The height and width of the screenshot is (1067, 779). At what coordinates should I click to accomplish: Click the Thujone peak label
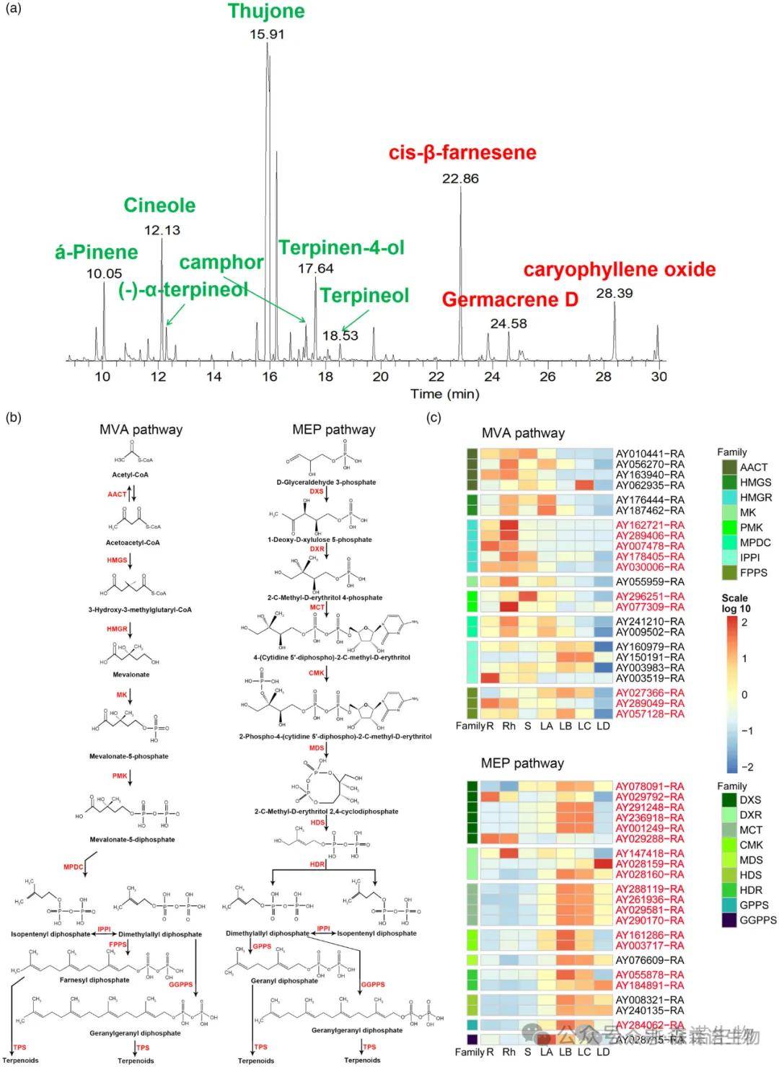(x=266, y=12)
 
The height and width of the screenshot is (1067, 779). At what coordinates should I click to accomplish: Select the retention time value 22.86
(x=460, y=179)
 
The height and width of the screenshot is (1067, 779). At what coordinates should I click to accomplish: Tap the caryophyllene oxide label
(x=620, y=270)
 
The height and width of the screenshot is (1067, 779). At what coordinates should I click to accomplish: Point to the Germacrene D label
(x=510, y=299)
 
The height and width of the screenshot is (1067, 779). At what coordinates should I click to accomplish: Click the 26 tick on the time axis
(x=547, y=377)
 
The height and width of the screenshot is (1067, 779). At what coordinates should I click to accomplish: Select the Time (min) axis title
(x=444, y=394)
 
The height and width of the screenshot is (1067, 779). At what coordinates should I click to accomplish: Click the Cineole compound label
(x=159, y=206)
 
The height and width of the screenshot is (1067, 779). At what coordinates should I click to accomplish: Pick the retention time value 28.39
(x=615, y=294)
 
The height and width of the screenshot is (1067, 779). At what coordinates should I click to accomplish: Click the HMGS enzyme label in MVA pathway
(x=117, y=560)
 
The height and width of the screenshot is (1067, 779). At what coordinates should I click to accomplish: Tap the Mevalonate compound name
(x=131, y=675)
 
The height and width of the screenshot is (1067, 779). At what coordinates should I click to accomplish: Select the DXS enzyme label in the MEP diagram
(x=317, y=491)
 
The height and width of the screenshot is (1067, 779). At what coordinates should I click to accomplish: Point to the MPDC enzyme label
(x=74, y=866)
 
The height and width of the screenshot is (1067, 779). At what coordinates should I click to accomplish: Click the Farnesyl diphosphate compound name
(x=94, y=980)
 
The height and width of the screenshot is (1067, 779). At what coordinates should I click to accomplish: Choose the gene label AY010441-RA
(x=650, y=454)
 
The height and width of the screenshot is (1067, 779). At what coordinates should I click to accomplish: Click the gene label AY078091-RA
(x=650, y=786)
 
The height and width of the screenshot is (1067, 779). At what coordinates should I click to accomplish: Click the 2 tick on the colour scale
(x=744, y=623)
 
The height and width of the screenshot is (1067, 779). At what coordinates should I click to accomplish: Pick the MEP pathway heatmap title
(x=522, y=763)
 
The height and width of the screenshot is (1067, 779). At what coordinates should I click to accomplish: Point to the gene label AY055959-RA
(x=650, y=581)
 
